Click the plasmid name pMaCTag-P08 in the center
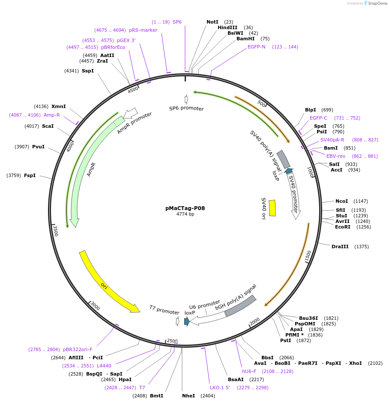tap(185, 208)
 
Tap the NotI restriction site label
tap(212, 22)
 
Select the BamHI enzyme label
tap(245, 39)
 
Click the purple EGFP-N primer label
tap(257, 47)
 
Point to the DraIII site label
tap(341, 247)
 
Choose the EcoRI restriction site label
tap(343, 227)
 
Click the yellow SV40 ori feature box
tap(272, 208)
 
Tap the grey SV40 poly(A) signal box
tap(283, 159)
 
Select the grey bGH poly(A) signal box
tap(241, 306)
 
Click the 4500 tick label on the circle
tap(133, 89)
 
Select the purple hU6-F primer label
tap(249, 371)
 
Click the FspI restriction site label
tap(30, 175)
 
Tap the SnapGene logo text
tap(377, 3)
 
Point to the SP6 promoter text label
tap(186, 108)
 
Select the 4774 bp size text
tap(185, 214)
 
